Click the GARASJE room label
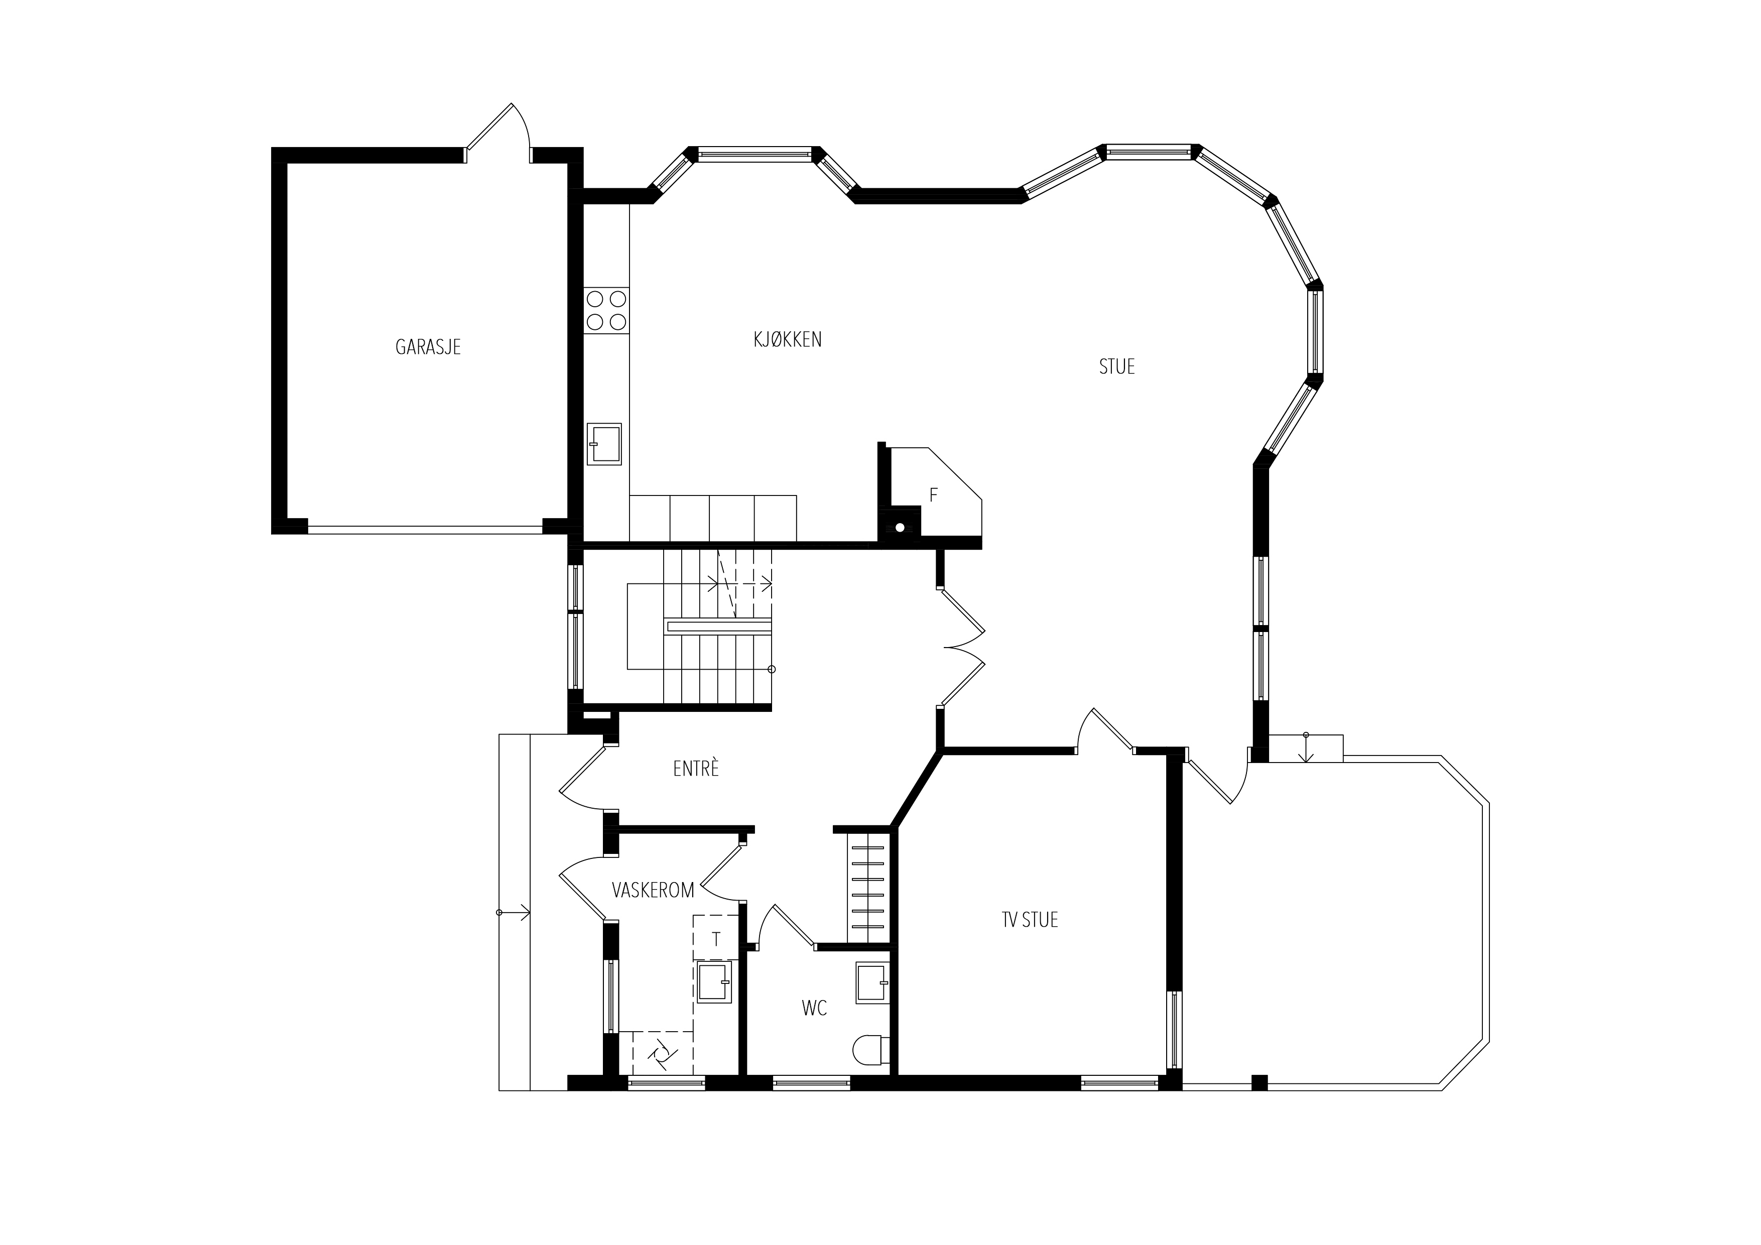[428, 347]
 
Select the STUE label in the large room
[1117, 366]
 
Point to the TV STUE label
[1030, 920]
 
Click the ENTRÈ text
[696, 768]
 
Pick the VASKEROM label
[653, 890]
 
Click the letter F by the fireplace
[933, 495]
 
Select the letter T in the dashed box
[716, 940]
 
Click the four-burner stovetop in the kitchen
[606, 310]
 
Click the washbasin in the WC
[872, 982]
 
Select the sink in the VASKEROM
[714, 982]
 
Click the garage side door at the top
[498, 133]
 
